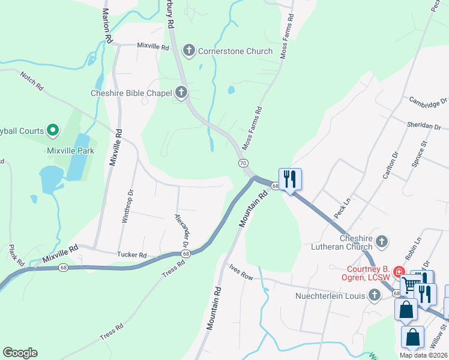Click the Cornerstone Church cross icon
click(189, 50)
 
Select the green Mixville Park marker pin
click(53, 130)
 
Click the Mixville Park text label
click(70, 151)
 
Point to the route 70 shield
click(243, 163)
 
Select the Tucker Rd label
click(132, 255)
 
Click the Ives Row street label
click(241, 274)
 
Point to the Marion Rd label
click(107, 26)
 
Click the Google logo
click(20, 353)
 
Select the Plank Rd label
click(16, 255)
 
